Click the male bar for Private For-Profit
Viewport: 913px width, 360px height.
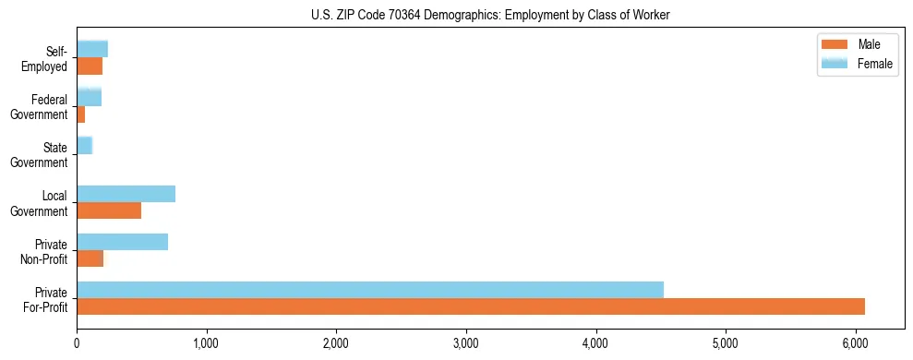tap(471, 306)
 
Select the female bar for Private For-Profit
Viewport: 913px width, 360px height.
tap(370, 290)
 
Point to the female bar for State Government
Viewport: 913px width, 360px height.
tap(84, 146)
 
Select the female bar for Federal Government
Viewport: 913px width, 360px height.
tap(89, 98)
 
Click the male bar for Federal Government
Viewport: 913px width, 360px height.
tap(80, 114)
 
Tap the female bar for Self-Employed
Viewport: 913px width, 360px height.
tap(92, 49)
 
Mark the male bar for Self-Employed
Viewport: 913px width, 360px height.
tap(90, 66)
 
